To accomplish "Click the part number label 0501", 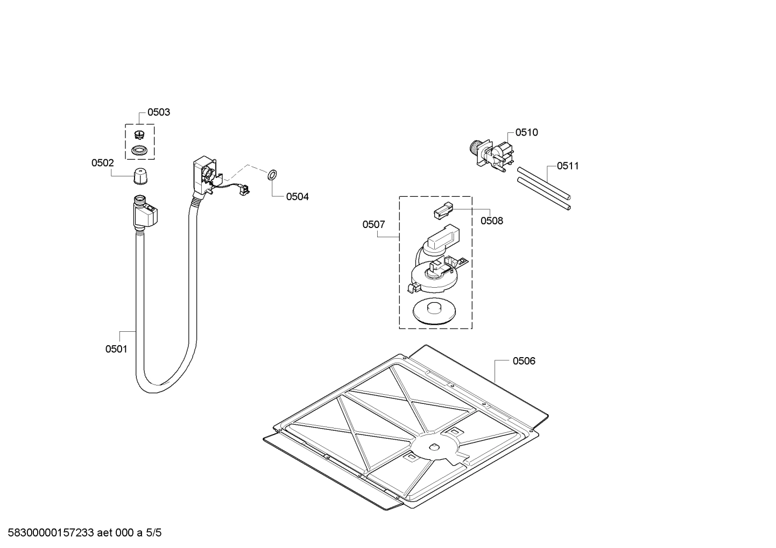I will click(116, 349).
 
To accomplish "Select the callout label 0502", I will click(102, 163).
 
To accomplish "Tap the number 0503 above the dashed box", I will click(158, 112).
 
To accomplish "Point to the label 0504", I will click(297, 196).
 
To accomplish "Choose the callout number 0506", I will click(523, 361).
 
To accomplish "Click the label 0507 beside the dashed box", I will click(373, 224).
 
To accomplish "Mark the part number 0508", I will click(491, 220).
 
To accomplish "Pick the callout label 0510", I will click(526, 132).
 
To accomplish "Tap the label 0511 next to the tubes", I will click(567, 166).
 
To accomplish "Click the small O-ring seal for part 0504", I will click(272, 174).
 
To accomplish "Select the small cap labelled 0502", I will click(140, 175).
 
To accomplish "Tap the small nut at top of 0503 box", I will click(140, 134).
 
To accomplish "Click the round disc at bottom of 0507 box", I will click(433, 311).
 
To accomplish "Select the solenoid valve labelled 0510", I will click(492, 151).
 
